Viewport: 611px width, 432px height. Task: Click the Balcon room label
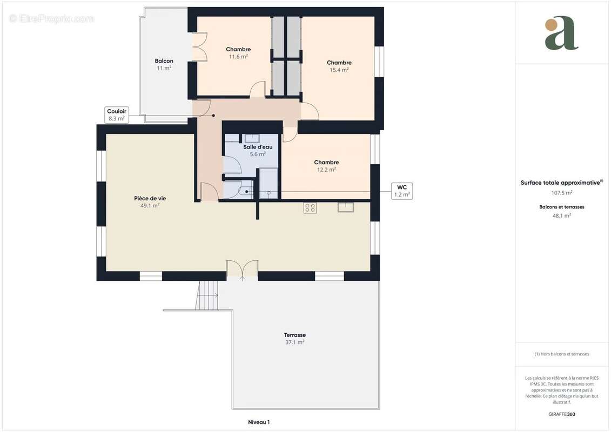click(164, 61)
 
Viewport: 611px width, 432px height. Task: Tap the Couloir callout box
click(116, 114)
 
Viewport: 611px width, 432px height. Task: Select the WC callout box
click(401, 191)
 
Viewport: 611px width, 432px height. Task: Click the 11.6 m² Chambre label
click(238, 50)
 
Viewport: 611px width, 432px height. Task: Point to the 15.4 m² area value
click(339, 70)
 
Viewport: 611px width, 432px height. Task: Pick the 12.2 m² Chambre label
click(326, 163)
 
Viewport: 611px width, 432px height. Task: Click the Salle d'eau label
click(258, 147)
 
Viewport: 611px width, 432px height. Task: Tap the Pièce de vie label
click(150, 199)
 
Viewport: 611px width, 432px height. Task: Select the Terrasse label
click(294, 335)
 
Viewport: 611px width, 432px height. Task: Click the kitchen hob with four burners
click(310, 208)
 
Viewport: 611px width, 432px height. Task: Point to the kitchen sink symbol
click(346, 207)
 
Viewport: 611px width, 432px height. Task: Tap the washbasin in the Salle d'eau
click(252, 138)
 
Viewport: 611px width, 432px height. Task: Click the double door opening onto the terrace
click(242, 271)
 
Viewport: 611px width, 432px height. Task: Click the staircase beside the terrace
click(207, 295)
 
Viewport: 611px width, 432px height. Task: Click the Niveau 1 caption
click(259, 422)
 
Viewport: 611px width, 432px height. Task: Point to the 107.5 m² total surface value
click(561, 193)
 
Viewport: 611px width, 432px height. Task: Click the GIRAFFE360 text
click(561, 414)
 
